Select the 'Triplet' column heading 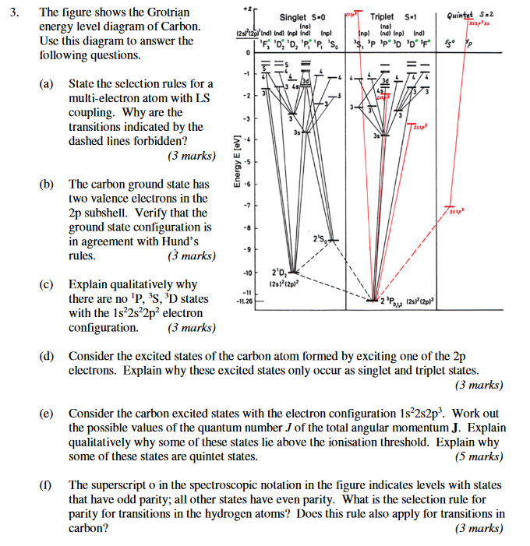tap(382, 16)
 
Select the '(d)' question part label tap(48, 356)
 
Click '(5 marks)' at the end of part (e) tap(479, 456)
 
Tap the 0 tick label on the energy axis tap(247, 52)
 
